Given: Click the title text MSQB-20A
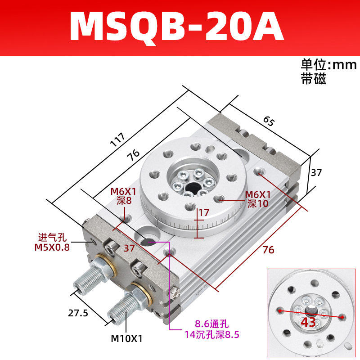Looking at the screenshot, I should tap(177, 28).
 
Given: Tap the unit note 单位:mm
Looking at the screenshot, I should tap(328, 65).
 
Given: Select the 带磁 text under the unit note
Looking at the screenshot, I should tap(313, 79).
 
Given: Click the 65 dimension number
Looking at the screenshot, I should tap(269, 121).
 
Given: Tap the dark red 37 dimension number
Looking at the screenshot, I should tap(130, 248).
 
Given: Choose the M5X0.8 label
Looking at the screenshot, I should tap(52, 247).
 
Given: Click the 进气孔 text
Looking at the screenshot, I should tap(52, 237).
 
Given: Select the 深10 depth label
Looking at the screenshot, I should tap(258, 203).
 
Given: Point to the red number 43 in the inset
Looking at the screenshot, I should tap(309, 322).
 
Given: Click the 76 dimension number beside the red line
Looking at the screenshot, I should tap(268, 250).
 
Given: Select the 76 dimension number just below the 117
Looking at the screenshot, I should tap(133, 156).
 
